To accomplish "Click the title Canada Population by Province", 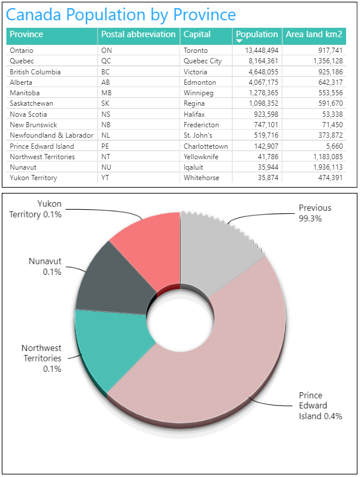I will pos(121,15).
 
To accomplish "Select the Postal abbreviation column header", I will pos(138,35).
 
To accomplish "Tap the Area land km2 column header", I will pos(314,35).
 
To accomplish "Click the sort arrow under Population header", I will pos(239,41).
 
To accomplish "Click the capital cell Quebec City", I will pos(203,61).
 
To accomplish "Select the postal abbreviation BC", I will pos(106,72).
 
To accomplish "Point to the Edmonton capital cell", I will pos(200,83).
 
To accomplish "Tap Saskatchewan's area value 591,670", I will pos(327,103).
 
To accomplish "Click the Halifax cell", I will pos(195,114).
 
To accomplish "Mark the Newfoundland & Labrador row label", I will pos(51,135).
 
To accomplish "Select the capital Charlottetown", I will pos(206,146).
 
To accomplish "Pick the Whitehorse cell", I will pos(201,178).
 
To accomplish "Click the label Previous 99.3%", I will pos(315,213).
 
